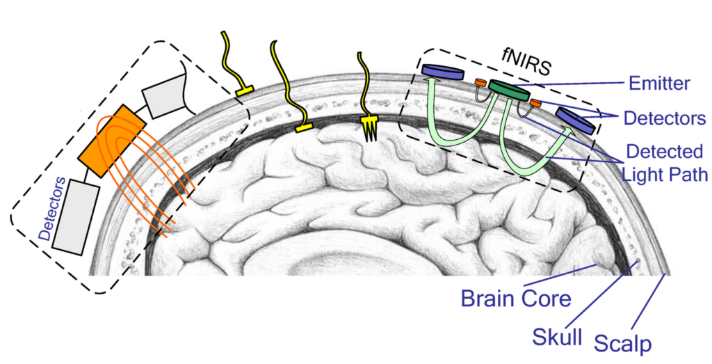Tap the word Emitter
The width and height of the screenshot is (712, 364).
(x=658, y=84)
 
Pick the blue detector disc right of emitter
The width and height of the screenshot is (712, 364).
(x=575, y=120)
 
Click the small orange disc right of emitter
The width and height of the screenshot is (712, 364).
(x=535, y=103)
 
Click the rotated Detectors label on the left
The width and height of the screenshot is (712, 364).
(x=55, y=209)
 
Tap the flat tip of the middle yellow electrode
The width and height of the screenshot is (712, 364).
(x=304, y=127)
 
